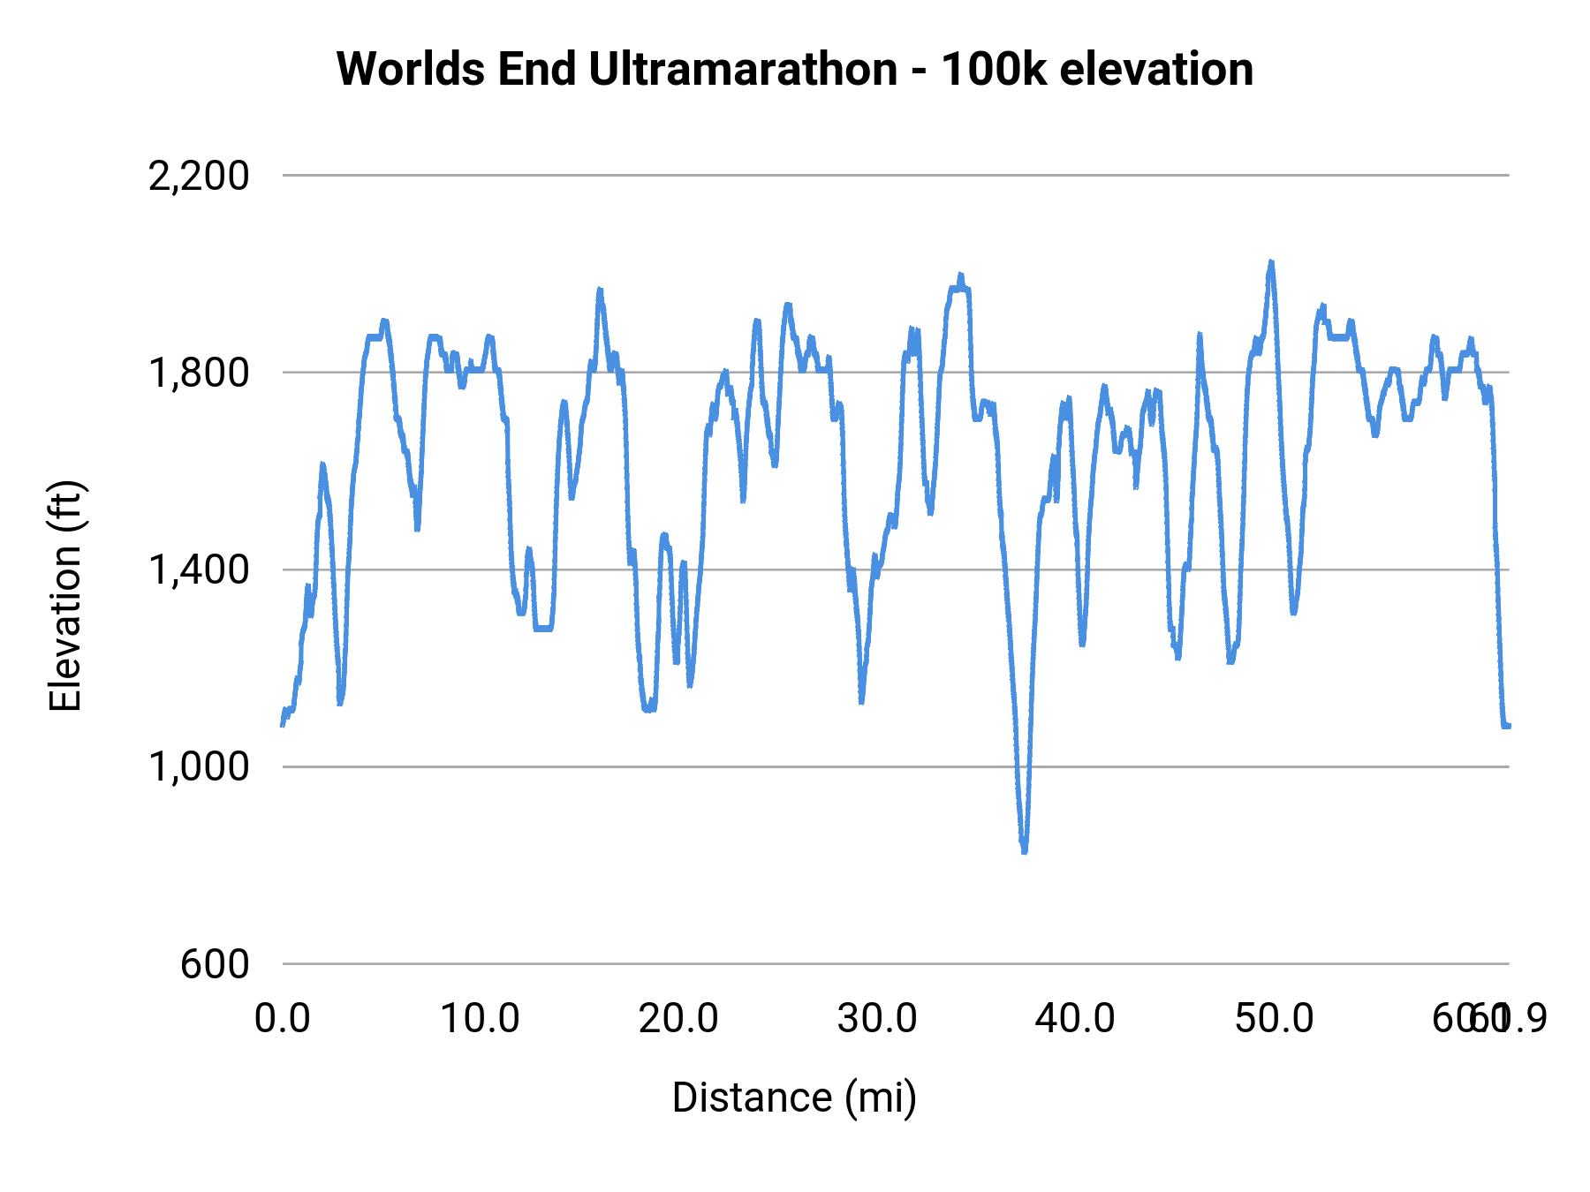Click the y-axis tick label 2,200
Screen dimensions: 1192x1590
pos(199,177)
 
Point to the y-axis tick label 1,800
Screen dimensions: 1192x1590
pos(199,373)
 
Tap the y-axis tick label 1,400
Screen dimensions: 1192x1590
pos(199,570)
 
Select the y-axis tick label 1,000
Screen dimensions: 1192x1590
pos(199,767)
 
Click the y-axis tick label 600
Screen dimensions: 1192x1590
pos(215,964)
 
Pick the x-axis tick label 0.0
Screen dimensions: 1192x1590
pos(282,1019)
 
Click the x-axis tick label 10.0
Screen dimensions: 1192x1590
pos(480,1019)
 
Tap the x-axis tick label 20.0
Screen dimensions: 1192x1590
pos(678,1019)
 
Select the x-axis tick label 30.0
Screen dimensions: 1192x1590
pos(877,1019)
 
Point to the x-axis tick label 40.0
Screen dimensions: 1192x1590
pos(1075,1019)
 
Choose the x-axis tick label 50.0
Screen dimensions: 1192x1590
pos(1274,1019)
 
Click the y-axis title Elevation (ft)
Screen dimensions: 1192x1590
pos(65,596)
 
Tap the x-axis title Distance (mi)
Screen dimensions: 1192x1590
pos(794,1098)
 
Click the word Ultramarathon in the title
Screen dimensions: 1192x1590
pos(743,69)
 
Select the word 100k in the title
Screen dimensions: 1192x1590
pos(993,69)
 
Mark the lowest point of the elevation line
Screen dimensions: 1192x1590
pos(1025,850)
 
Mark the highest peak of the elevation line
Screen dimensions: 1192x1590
pos(1271,262)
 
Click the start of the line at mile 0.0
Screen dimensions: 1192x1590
pos(283,724)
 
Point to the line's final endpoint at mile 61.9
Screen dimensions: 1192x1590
pos(1509,726)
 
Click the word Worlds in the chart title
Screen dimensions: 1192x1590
pos(411,69)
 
